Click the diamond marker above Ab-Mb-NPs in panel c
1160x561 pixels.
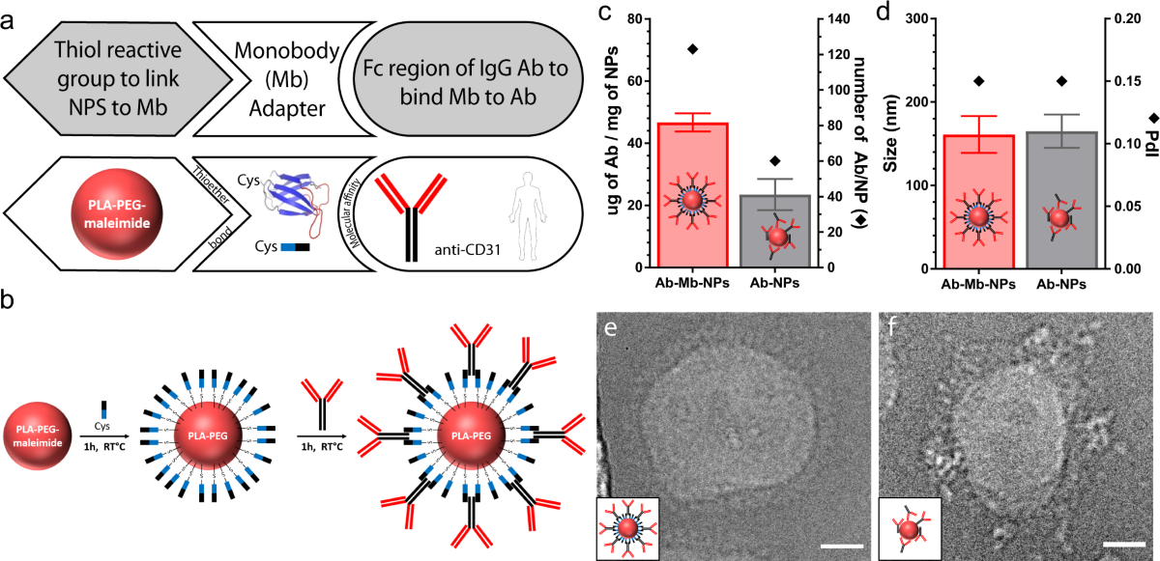(691, 49)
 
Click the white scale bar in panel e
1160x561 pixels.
(845, 547)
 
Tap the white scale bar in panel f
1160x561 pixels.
(1123, 546)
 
